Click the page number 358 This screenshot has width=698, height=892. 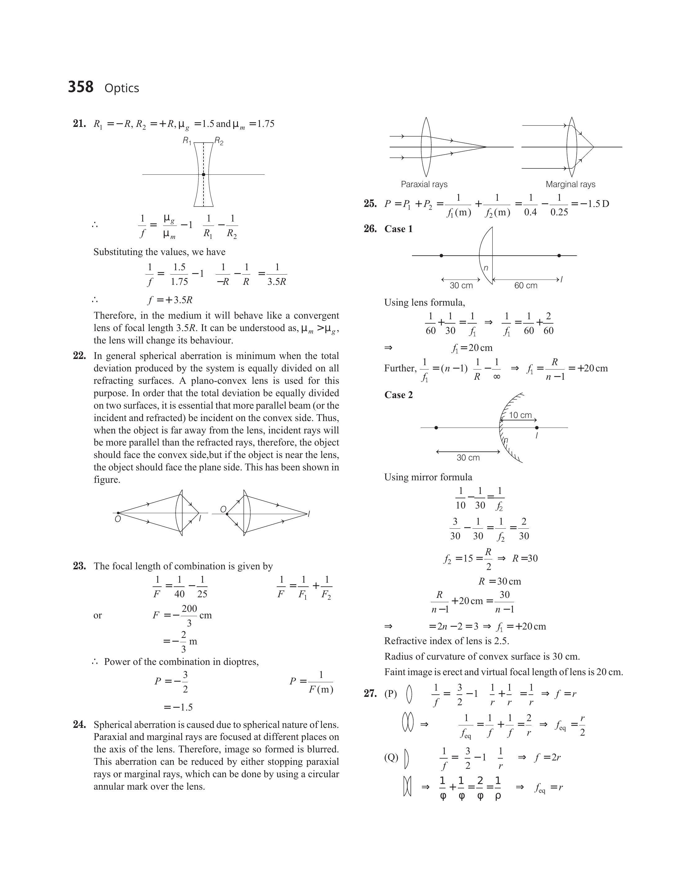click(81, 87)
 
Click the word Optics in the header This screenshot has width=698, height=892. click(122, 88)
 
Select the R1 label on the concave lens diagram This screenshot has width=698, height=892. click(187, 141)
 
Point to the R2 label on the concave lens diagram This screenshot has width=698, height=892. click(219, 141)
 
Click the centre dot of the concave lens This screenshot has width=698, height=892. click(204, 174)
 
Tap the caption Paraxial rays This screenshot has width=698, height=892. click(424, 184)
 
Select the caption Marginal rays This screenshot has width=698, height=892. click(570, 184)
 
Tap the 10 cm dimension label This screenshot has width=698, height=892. click(520, 415)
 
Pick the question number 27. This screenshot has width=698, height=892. click(370, 693)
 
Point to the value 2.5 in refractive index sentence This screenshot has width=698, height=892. click(501, 641)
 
